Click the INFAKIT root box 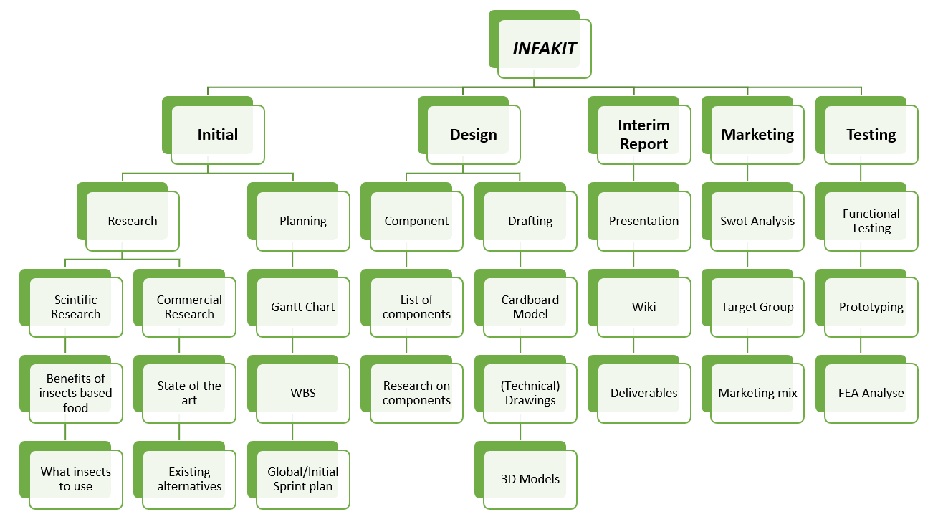click(545, 49)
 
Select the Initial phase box click(218, 135)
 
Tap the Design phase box click(474, 135)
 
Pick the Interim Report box click(643, 135)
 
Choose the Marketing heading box click(757, 135)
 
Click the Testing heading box click(871, 135)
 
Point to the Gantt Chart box click(303, 307)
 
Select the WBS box click(303, 393)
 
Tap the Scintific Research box click(76, 307)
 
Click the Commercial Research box click(189, 307)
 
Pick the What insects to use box click(76, 479)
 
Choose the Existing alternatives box click(189, 479)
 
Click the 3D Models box click(530, 479)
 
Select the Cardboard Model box click(530, 307)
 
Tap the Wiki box click(643, 307)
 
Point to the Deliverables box click(643, 393)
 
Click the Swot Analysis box click(757, 221)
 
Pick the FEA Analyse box click(871, 393)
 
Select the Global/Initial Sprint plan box click(303, 479)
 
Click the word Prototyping click(871, 307)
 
